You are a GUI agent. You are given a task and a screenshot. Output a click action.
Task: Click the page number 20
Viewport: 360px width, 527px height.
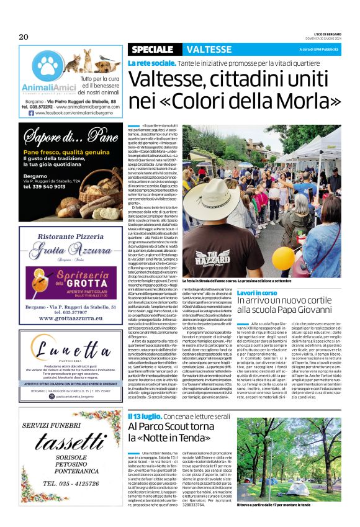tap(24, 37)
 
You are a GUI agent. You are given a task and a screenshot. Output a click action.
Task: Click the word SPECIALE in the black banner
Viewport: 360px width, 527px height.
tap(153, 50)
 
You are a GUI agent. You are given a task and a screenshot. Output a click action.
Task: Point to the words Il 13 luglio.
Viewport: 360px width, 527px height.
tap(146, 398)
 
